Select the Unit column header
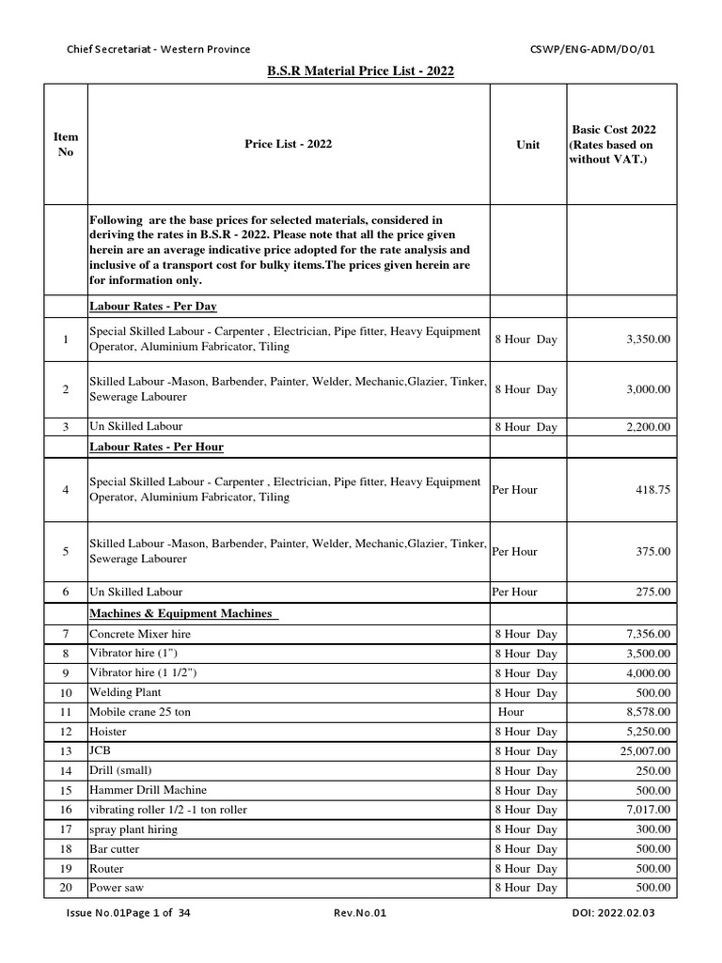[527, 145]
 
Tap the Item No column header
[65, 145]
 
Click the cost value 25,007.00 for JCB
[638, 751]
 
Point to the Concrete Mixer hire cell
[139, 635]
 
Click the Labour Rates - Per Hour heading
[156, 447]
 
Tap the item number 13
[65, 751]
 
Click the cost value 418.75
[653, 490]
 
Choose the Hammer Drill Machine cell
[148, 790]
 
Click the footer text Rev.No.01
[360, 939]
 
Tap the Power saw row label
[117, 887]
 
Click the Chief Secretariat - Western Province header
[158, 49]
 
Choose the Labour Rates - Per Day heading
[153, 307]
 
